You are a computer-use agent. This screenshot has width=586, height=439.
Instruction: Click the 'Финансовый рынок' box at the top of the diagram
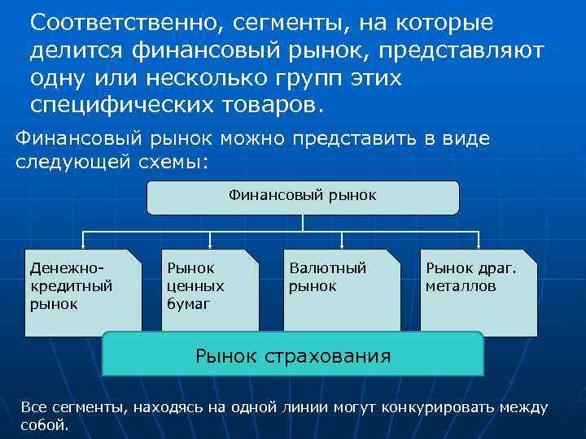click(303, 197)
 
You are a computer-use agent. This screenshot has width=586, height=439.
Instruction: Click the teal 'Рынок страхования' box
click(293, 354)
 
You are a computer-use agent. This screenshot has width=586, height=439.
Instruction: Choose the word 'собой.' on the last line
click(46, 425)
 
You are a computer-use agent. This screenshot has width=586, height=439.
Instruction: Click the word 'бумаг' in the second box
click(189, 304)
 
